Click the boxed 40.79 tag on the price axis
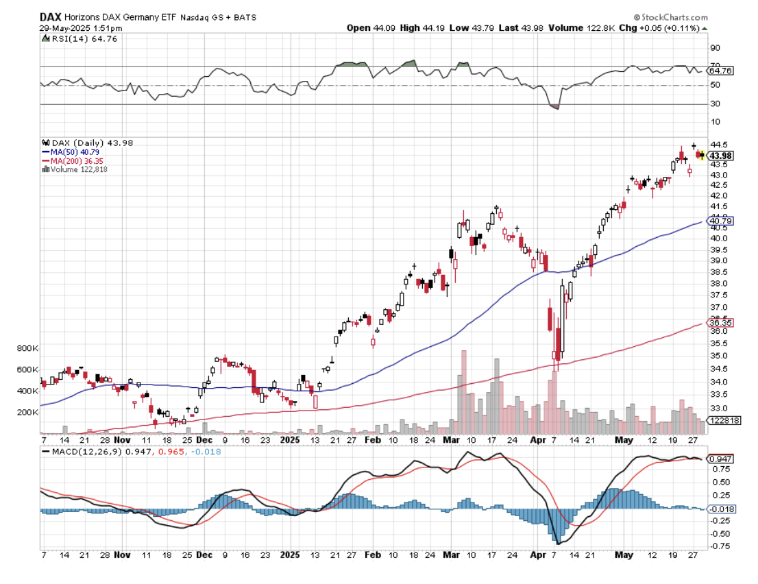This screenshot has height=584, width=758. click(720, 221)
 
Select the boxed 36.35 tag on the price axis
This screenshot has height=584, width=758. click(720, 322)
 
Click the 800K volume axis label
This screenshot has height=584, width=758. click(28, 348)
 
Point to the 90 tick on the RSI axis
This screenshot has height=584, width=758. click(715, 48)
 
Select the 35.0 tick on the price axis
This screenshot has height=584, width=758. click(718, 356)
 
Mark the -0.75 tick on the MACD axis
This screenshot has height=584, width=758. click(719, 546)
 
